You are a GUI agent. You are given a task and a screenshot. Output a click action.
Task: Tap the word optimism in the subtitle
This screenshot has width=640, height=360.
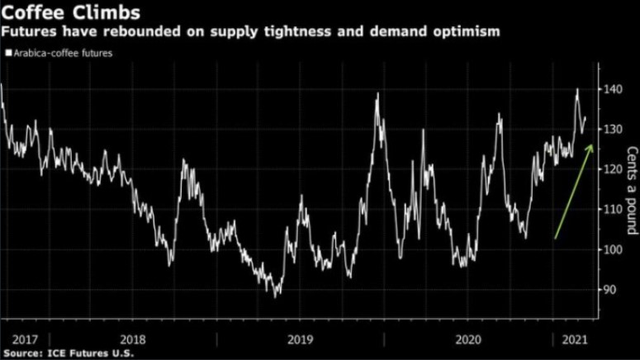tap(467, 33)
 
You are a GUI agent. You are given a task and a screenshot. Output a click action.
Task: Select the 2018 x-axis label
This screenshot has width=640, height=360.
tap(134, 339)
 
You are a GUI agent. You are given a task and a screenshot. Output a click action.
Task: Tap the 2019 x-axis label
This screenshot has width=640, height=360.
tap(301, 339)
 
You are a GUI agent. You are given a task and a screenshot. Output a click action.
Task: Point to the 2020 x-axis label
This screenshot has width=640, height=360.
tap(468, 339)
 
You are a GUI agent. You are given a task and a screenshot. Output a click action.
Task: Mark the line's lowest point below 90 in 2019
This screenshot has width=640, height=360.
tap(277, 296)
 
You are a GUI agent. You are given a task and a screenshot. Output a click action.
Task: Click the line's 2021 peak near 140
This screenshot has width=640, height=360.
tap(577, 89)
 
